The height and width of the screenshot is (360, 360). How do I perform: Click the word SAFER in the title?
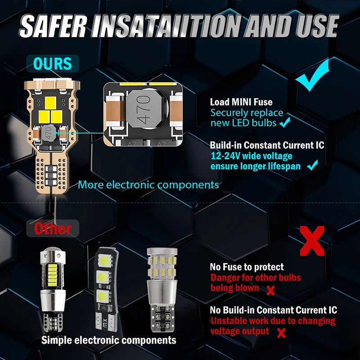pyautogui.click(x=53, y=26)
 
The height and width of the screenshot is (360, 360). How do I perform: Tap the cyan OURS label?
pyautogui.click(x=53, y=63)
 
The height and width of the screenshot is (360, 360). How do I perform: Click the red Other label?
pyautogui.click(x=53, y=229)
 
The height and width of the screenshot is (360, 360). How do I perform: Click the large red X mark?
pyautogui.click(x=312, y=241)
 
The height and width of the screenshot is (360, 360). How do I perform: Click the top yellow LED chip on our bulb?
pyautogui.click(x=50, y=103)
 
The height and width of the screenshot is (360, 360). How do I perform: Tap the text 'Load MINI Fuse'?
pyautogui.click(x=241, y=102)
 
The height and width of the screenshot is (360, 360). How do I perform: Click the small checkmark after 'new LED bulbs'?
pyautogui.click(x=285, y=122)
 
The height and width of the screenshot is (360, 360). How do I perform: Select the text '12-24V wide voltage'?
pyautogui.click(x=252, y=156)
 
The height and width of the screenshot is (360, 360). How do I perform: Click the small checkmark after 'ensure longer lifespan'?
pyautogui.click(x=312, y=165)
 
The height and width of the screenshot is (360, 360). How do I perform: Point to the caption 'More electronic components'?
pyautogui.click(x=148, y=185)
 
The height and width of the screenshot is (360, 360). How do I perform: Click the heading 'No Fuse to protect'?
pyautogui.click(x=247, y=267)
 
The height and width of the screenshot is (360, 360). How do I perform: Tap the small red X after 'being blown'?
pyautogui.click(x=271, y=290)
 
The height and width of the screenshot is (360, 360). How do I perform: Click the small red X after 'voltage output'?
pyautogui.click(x=281, y=333)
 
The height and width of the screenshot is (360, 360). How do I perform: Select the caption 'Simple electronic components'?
pyautogui.click(x=108, y=340)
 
